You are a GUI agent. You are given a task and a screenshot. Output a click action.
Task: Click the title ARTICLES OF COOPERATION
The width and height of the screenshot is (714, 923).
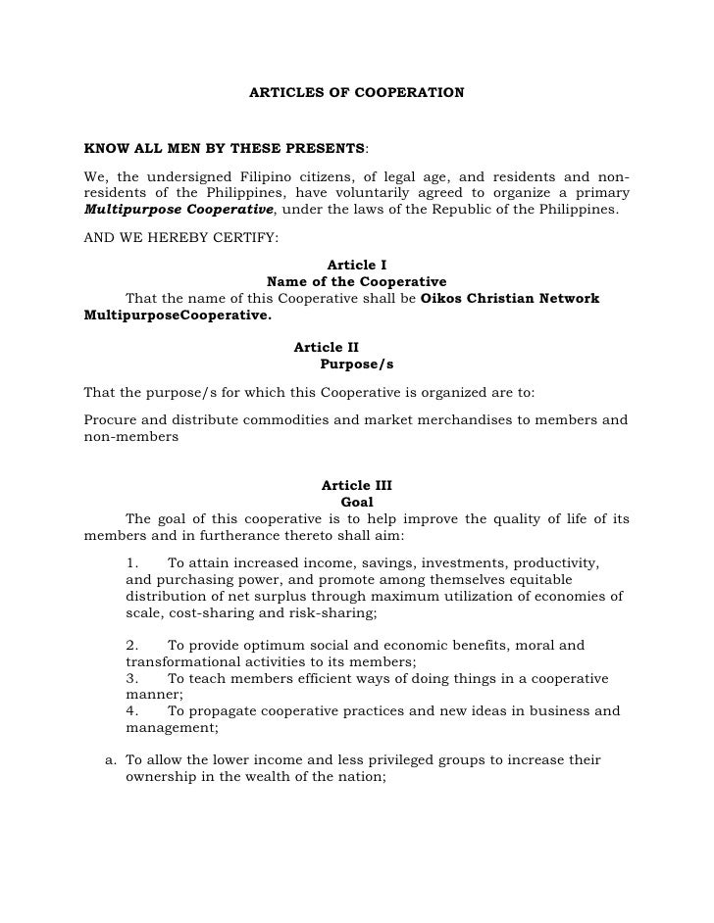[x=356, y=94]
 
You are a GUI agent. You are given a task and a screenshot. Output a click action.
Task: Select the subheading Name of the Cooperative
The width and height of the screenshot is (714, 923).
[x=356, y=281]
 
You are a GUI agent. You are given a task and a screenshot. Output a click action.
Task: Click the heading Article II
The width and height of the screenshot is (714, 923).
[x=326, y=347]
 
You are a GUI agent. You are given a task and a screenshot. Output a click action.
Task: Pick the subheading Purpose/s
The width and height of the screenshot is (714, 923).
[x=356, y=364]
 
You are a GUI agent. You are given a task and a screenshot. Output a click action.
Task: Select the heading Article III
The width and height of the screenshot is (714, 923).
[x=356, y=485]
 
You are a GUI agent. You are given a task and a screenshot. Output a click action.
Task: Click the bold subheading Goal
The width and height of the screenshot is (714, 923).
[x=356, y=502]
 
